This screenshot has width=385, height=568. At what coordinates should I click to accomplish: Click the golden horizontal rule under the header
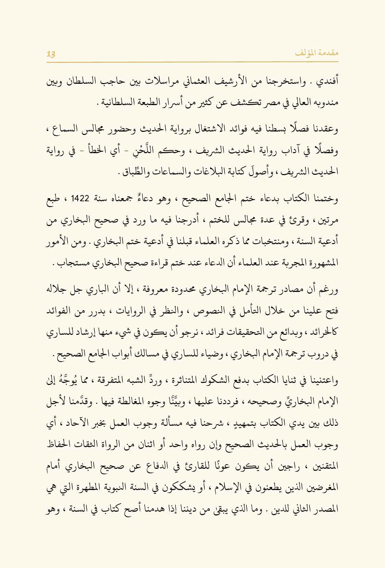pyautogui.click(x=192, y=62)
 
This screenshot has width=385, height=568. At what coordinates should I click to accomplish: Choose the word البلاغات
pyautogui.click(x=212, y=171)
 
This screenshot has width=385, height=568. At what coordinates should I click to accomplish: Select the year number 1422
pyautogui.click(x=80, y=199)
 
